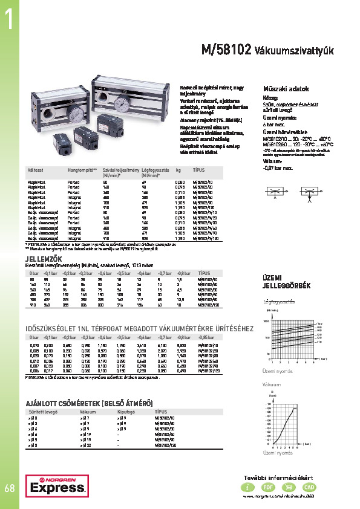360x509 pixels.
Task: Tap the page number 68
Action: pos(9,487)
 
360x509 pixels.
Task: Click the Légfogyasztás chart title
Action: pos(278,301)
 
